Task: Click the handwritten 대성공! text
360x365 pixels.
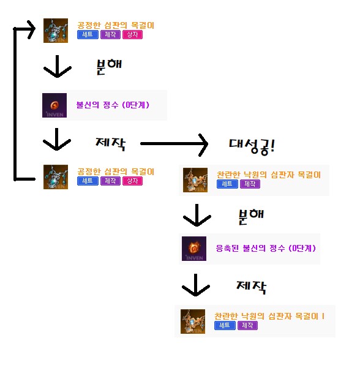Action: click(x=252, y=146)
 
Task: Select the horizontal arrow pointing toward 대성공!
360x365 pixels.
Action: click(x=174, y=144)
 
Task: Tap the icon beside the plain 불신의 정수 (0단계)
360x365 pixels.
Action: click(x=54, y=105)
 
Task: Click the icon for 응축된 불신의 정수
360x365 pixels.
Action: click(x=194, y=248)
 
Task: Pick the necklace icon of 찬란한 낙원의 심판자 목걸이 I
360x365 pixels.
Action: click(x=193, y=322)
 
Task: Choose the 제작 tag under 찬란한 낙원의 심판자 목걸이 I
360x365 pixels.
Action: click(x=247, y=326)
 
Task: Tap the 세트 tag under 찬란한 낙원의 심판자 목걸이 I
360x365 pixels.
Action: click(x=225, y=326)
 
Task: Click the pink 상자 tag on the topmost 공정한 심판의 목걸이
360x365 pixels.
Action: click(x=132, y=35)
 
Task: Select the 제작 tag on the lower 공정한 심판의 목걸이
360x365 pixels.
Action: click(x=110, y=181)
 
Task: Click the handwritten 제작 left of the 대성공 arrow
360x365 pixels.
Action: click(x=111, y=144)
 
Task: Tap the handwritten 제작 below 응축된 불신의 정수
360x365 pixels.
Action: click(x=250, y=286)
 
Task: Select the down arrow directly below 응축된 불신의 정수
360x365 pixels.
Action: click(x=197, y=284)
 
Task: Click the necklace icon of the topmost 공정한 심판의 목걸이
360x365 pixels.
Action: click(x=56, y=30)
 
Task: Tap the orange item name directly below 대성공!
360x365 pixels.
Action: click(x=268, y=175)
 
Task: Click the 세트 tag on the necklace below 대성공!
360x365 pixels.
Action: click(x=227, y=184)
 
